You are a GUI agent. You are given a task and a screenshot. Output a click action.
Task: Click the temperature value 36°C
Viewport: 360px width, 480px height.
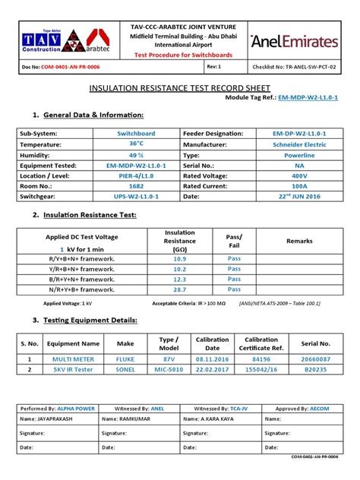tap(136, 143)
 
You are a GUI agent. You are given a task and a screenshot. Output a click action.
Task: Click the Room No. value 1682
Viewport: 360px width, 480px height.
tap(136, 185)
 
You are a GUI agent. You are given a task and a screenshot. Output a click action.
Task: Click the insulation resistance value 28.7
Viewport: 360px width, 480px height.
tap(179, 290)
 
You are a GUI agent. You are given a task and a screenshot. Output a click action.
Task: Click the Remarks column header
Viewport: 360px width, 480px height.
tap(298, 241)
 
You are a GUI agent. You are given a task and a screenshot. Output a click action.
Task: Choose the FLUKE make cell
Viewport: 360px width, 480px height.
tap(125, 358)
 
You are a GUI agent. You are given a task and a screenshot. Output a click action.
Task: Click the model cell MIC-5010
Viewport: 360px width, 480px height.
tap(168, 369)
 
